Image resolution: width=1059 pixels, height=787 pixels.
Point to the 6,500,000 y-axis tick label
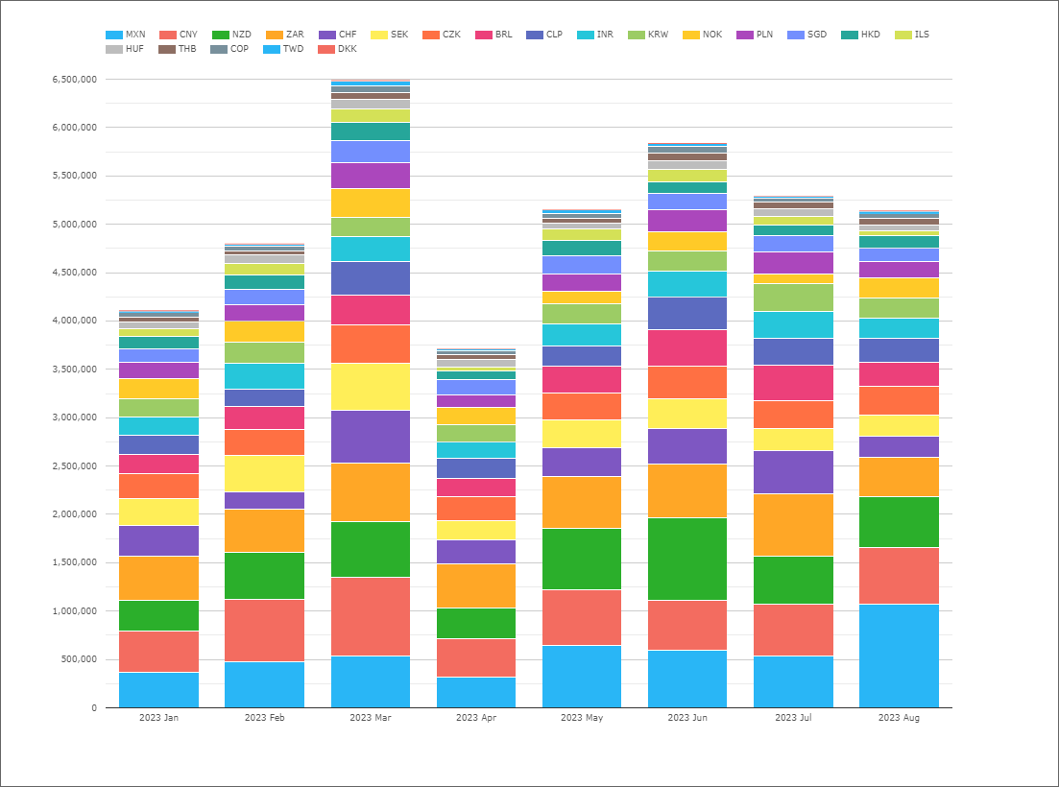click(x=74, y=80)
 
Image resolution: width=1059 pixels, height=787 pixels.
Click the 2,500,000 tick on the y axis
click(x=74, y=466)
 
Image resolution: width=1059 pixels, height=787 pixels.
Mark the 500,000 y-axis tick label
click(x=79, y=659)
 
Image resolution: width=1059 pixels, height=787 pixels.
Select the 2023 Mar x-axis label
click(x=370, y=718)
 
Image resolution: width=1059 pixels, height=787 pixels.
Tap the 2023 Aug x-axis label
click(x=899, y=718)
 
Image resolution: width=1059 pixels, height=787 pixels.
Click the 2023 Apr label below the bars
click(x=475, y=718)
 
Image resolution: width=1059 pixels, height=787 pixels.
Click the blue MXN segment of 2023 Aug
click(x=899, y=656)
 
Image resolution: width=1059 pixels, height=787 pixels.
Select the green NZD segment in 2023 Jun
click(x=687, y=559)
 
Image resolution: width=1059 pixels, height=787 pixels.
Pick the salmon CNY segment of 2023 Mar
click(x=370, y=616)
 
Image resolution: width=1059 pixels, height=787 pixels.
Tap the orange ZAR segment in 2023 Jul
click(x=793, y=525)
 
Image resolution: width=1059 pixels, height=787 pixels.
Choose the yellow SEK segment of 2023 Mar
click(x=370, y=387)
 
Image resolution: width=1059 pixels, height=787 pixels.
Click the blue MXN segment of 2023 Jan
click(x=158, y=690)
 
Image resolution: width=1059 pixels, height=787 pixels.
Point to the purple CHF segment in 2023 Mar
click(x=370, y=437)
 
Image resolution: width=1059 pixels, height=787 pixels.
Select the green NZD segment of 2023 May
click(x=582, y=559)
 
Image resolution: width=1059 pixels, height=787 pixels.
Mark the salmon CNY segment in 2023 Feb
click(x=264, y=631)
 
